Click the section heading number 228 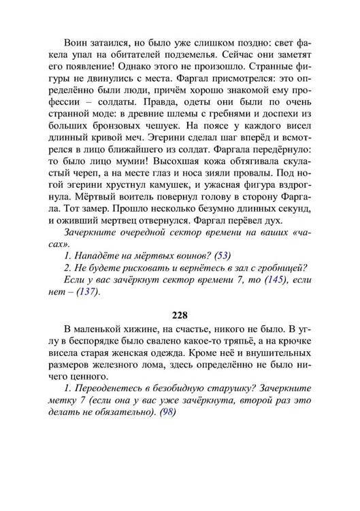point(180,315)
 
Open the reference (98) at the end point(165,412)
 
